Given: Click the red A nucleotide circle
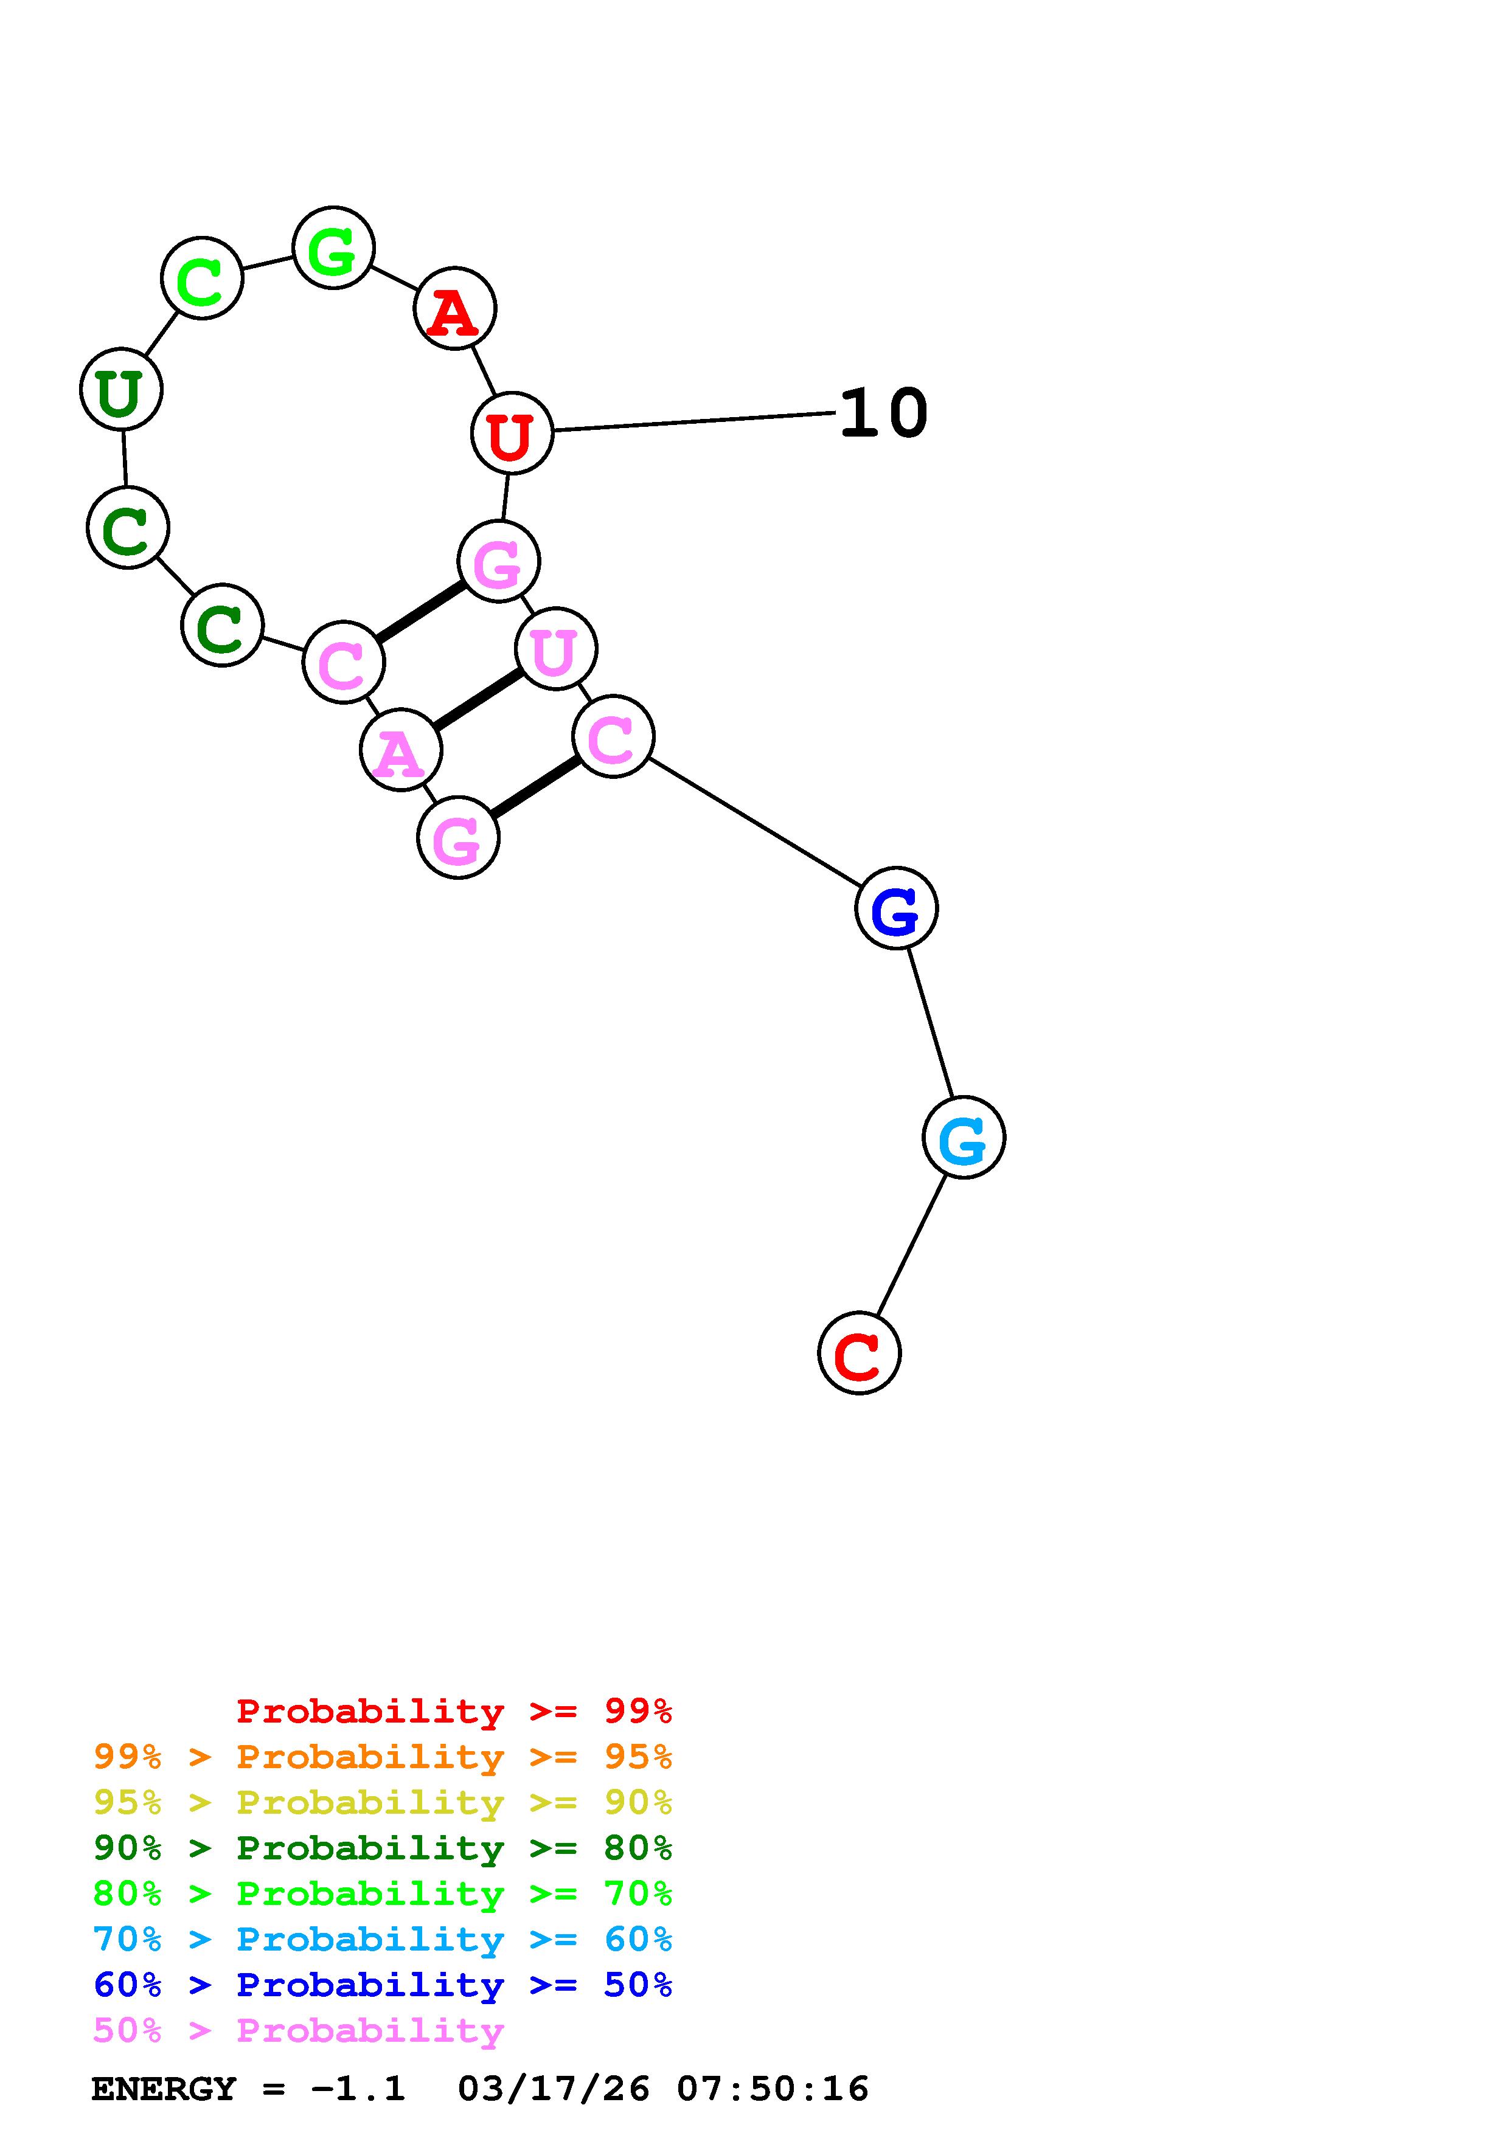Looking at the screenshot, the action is tap(454, 308).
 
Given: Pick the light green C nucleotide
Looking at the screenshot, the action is tap(201, 278).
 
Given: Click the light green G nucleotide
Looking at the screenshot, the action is tap(333, 248).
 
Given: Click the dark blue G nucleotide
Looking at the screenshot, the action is tap(895, 908).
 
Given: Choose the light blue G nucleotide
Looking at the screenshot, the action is tap(964, 1137).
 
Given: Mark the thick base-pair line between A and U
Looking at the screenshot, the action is tap(478, 699).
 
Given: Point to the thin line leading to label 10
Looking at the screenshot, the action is tap(692, 422).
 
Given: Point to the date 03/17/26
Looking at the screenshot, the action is tap(553, 2089).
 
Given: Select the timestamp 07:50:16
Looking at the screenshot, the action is tap(772, 2089).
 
